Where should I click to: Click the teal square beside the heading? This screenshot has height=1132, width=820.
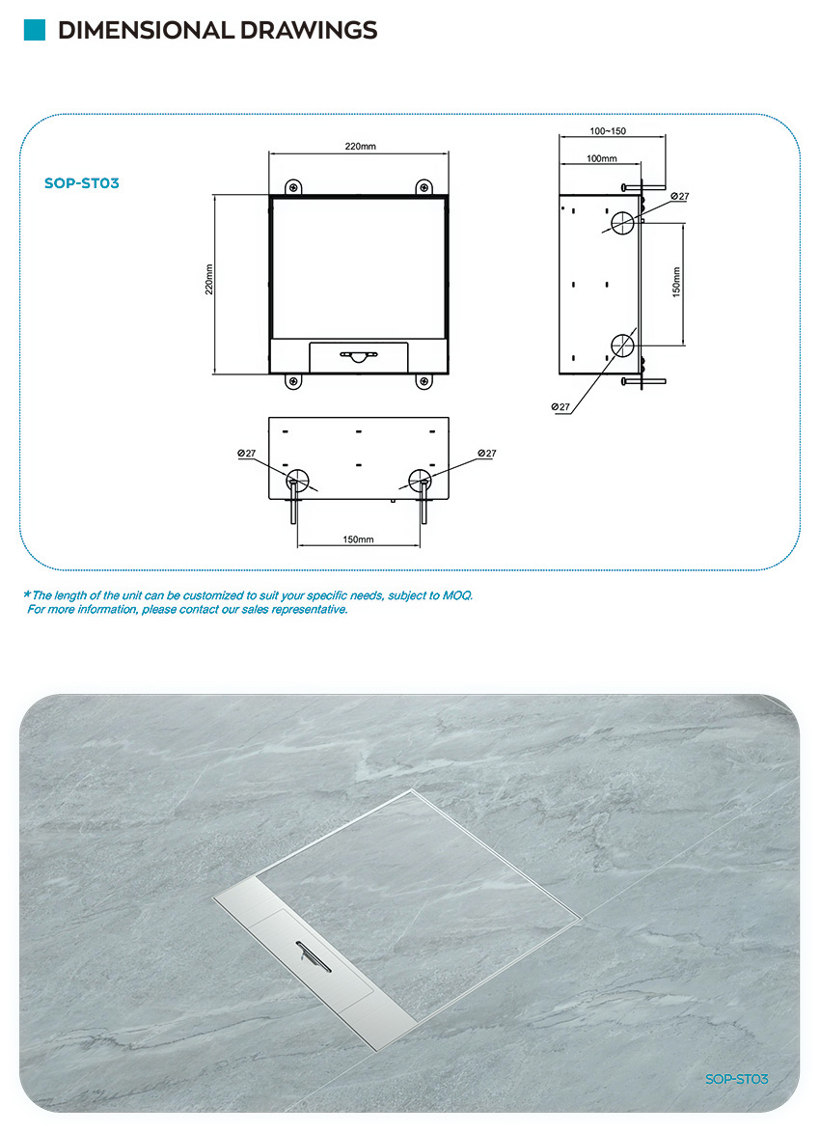tap(35, 30)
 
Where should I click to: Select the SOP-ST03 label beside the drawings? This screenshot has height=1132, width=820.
tap(82, 183)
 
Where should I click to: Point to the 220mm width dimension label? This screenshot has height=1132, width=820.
tap(360, 146)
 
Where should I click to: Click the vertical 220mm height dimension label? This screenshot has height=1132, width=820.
tap(209, 279)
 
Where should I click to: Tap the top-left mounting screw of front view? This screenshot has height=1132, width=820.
tap(293, 188)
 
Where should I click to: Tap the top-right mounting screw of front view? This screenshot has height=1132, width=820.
tap(424, 188)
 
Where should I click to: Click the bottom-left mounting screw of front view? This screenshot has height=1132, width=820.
tap(293, 381)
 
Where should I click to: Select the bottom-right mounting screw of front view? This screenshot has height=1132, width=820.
tap(424, 381)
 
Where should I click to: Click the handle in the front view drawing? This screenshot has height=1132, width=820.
tap(359, 356)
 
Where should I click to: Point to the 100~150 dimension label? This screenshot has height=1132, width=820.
tap(608, 130)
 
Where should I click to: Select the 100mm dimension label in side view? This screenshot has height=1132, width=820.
tap(602, 158)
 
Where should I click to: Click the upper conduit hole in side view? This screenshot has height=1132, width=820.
tap(622, 223)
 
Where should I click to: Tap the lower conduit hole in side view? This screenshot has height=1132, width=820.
tap(622, 345)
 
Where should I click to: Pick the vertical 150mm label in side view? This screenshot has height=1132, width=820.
tap(676, 282)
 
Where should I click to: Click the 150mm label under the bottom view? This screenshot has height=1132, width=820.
tap(358, 539)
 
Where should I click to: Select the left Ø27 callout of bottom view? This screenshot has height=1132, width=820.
tap(247, 454)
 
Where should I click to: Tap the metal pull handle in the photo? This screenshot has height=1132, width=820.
tap(314, 956)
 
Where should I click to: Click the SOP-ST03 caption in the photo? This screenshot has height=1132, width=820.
tap(736, 1079)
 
